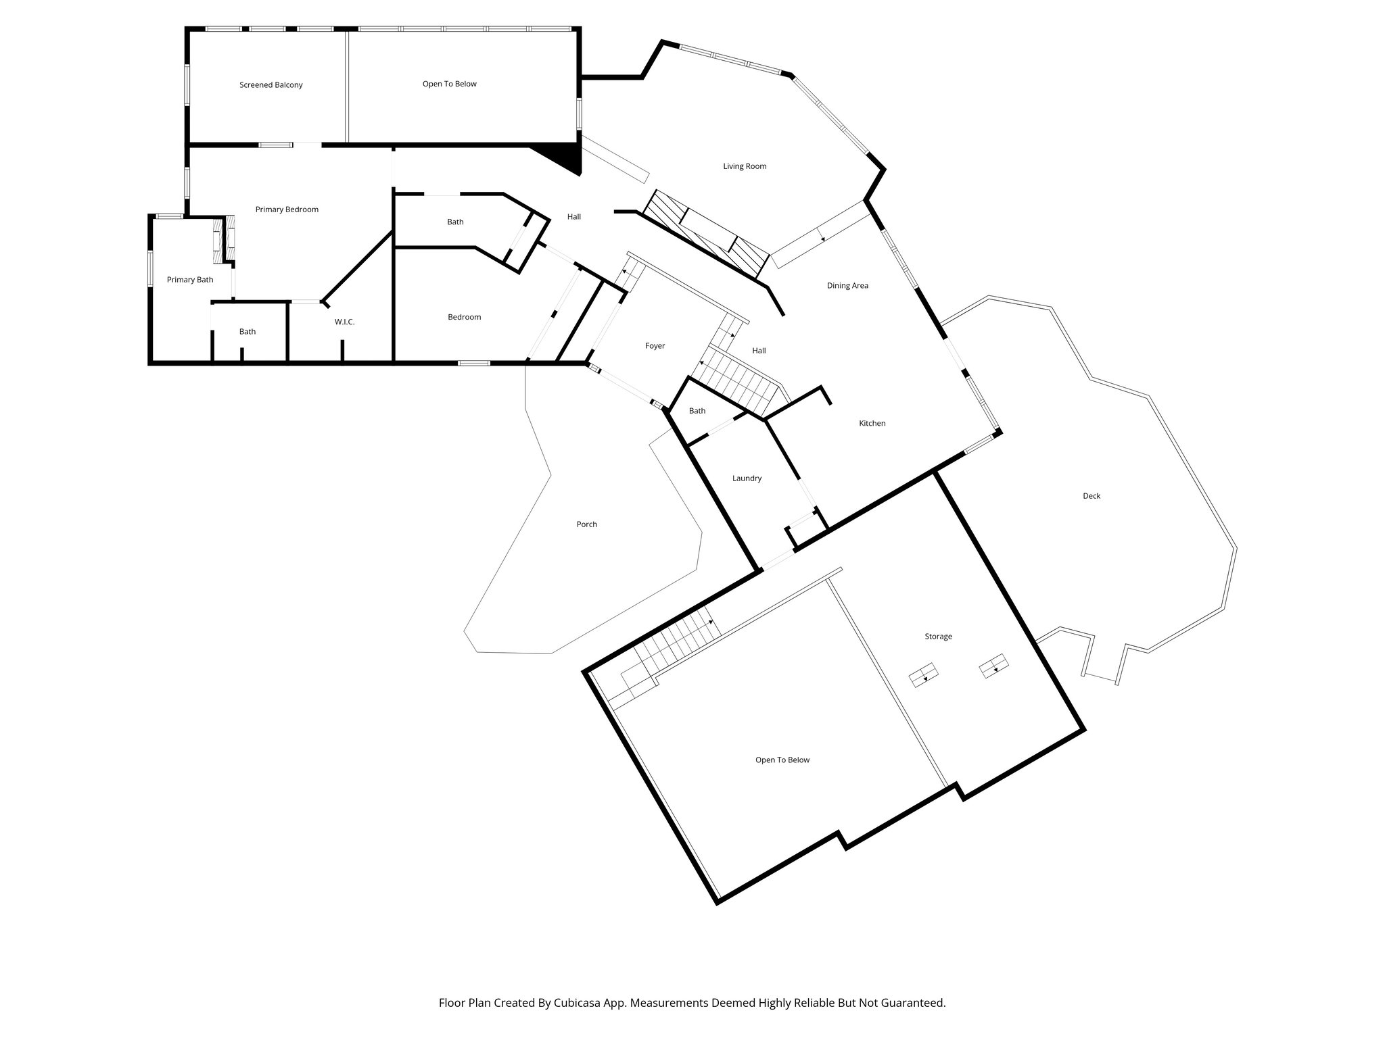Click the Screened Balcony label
[271, 85]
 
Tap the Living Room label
[744, 166]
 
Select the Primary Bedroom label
[287, 209]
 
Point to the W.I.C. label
[344, 322]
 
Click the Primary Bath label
[190, 280]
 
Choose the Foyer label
[655, 346]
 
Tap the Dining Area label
[847, 286]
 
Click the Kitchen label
[872, 424]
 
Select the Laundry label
[747, 478]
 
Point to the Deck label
[1091, 496]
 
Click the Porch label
[586, 524]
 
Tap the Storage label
[938, 637]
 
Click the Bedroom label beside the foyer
[464, 318]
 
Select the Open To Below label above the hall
[449, 84]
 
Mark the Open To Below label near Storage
[782, 760]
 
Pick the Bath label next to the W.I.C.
[248, 332]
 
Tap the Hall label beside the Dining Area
[759, 351]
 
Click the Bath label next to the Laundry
[697, 411]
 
